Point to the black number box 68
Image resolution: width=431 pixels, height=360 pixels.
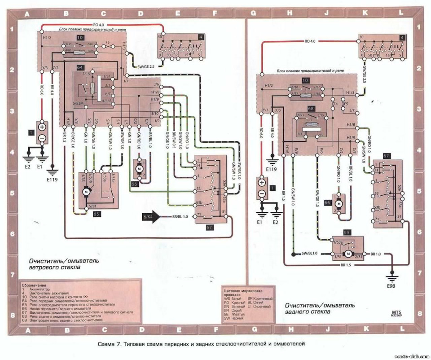[x=311, y=108]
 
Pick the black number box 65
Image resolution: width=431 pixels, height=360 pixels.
[x=96, y=214]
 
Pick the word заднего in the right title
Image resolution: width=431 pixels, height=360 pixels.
[x=299, y=310]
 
